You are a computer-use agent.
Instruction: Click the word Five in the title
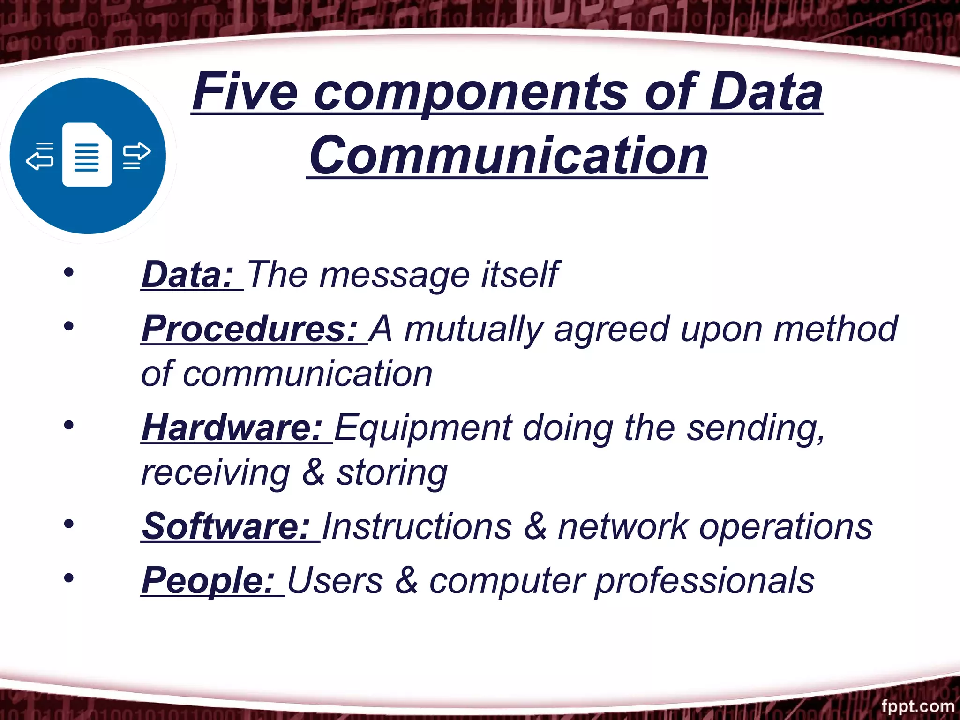(x=245, y=92)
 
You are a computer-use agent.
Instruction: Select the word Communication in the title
(x=508, y=156)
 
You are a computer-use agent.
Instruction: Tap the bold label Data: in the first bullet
(x=187, y=275)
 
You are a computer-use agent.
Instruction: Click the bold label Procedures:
(x=250, y=329)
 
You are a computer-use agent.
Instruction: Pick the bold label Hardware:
(x=232, y=428)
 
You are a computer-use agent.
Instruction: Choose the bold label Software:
(x=226, y=526)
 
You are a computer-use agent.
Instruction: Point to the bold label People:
(x=208, y=581)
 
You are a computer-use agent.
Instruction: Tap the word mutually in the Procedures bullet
(x=473, y=329)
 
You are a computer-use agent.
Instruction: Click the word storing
(x=392, y=473)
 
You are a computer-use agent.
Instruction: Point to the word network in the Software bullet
(x=623, y=526)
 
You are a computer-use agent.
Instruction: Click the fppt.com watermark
(x=917, y=706)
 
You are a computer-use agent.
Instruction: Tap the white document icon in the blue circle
(x=88, y=155)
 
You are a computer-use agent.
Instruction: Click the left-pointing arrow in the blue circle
(x=39, y=159)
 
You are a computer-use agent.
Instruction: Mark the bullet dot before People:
(x=69, y=578)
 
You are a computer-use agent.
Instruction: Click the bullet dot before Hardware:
(x=69, y=425)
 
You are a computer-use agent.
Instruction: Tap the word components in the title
(x=470, y=93)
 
